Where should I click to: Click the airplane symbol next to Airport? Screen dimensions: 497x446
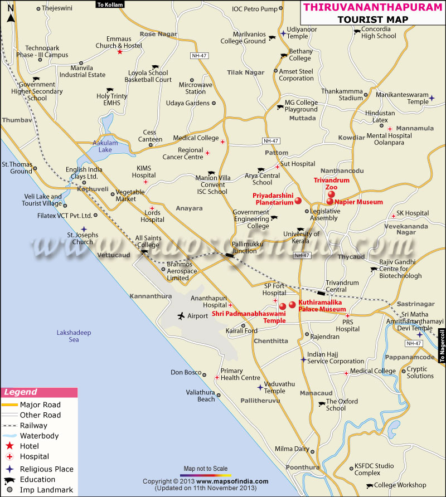(181, 316)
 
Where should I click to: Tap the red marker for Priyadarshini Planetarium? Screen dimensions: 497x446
(298, 201)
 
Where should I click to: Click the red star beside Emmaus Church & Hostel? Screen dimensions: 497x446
(119, 52)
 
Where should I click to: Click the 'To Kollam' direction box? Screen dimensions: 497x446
(109, 4)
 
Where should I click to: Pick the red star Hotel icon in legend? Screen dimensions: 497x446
(9, 446)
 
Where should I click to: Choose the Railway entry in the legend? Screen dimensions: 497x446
(33, 425)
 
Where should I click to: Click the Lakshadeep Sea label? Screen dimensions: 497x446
(74, 336)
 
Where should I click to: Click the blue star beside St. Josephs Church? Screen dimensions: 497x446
(84, 229)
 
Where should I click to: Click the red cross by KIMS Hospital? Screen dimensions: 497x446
(146, 182)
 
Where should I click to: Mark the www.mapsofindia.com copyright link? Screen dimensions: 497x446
(232, 481)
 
